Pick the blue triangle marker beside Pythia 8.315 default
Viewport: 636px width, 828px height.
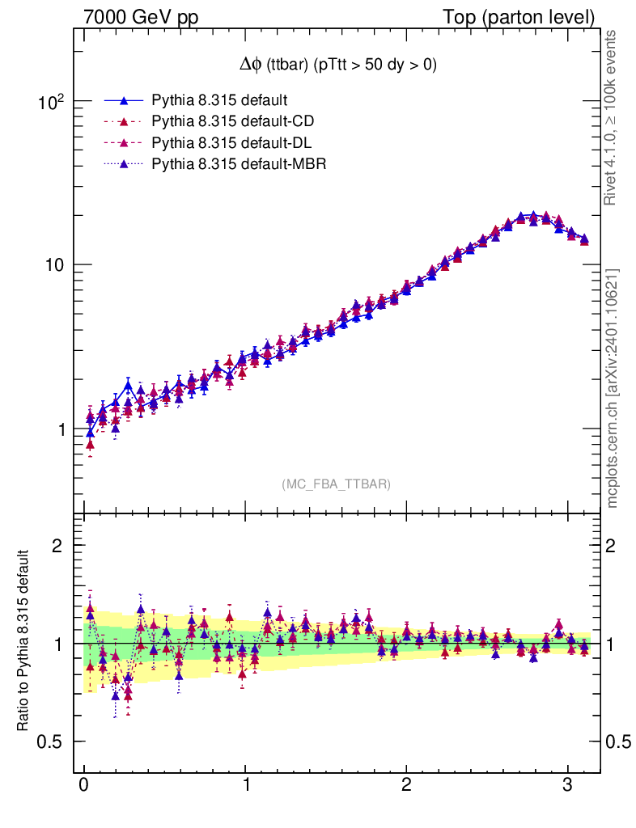[x=124, y=101]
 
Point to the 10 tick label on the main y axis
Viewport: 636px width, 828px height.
[x=56, y=265]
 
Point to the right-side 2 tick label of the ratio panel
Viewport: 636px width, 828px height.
[x=615, y=545]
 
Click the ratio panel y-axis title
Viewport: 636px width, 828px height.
[x=23, y=643]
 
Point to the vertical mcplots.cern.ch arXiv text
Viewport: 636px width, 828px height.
[x=613, y=388]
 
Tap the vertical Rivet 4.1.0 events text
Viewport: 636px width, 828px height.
[x=613, y=118]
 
